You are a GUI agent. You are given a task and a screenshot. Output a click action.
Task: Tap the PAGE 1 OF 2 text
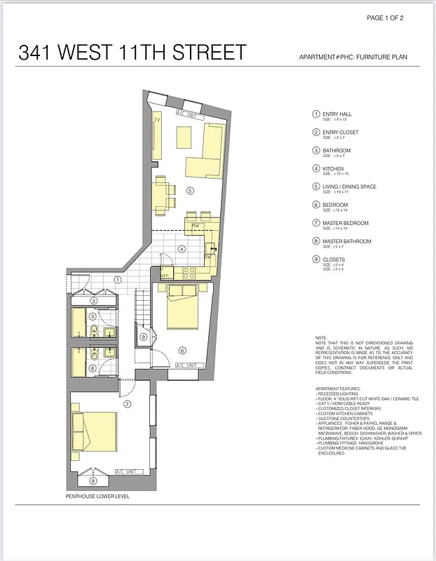pyautogui.click(x=391, y=18)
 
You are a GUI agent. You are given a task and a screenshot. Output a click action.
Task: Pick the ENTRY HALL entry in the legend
pyautogui.click(x=336, y=114)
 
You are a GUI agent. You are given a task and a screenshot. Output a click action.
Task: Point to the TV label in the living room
pyautogui.click(x=157, y=120)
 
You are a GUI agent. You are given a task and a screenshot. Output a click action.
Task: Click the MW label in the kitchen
pyautogui.click(x=194, y=226)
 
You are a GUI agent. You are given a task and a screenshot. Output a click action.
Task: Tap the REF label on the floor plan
pyautogui.click(x=165, y=276)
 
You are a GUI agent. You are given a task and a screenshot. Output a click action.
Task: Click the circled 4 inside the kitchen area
pyautogui.click(x=181, y=248)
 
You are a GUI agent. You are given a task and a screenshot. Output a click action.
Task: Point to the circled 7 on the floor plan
pyautogui.click(x=128, y=404)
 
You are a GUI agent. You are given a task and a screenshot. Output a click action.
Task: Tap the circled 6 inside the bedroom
pyautogui.click(x=182, y=351)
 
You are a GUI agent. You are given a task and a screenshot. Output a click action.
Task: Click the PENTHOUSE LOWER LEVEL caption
pyautogui.click(x=97, y=496)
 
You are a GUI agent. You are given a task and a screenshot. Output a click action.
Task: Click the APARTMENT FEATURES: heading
pyautogui.click(x=338, y=388)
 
